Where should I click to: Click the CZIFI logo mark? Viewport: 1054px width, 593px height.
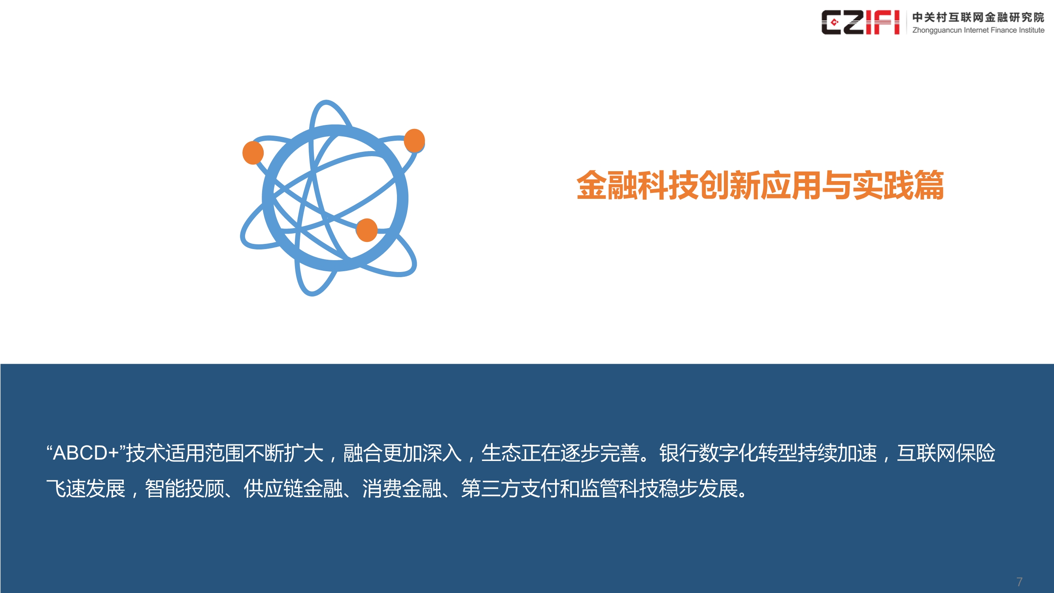click(x=860, y=22)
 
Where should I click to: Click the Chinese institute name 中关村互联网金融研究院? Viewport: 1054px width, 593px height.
click(x=978, y=17)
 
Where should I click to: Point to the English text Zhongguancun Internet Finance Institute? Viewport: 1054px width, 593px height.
click(x=978, y=30)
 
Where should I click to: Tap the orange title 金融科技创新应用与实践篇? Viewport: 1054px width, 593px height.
click(x=760, y=185)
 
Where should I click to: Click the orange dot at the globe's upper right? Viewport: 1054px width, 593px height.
click(x=414, y=140)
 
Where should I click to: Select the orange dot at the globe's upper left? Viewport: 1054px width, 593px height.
click(x=253, y=153)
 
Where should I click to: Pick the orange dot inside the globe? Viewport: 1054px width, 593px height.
click(x=366, y=230)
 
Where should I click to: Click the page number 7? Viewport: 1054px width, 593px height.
click(x=1019, y=582)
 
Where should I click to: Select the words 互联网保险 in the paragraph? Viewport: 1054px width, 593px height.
click(x=946, y=453)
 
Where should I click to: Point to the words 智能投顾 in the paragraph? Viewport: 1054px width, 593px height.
click(x=185, y=489)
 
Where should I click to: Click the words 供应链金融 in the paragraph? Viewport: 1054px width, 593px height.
click(x=293, y=489)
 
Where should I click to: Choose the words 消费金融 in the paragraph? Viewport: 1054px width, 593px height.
click(x=402, y=489)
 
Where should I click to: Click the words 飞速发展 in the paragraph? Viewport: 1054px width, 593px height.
click(x=85, y=489)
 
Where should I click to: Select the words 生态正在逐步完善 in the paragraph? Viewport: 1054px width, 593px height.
click(x=561, y=453)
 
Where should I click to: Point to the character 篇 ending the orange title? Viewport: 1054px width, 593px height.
click(x=929, y=185)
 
